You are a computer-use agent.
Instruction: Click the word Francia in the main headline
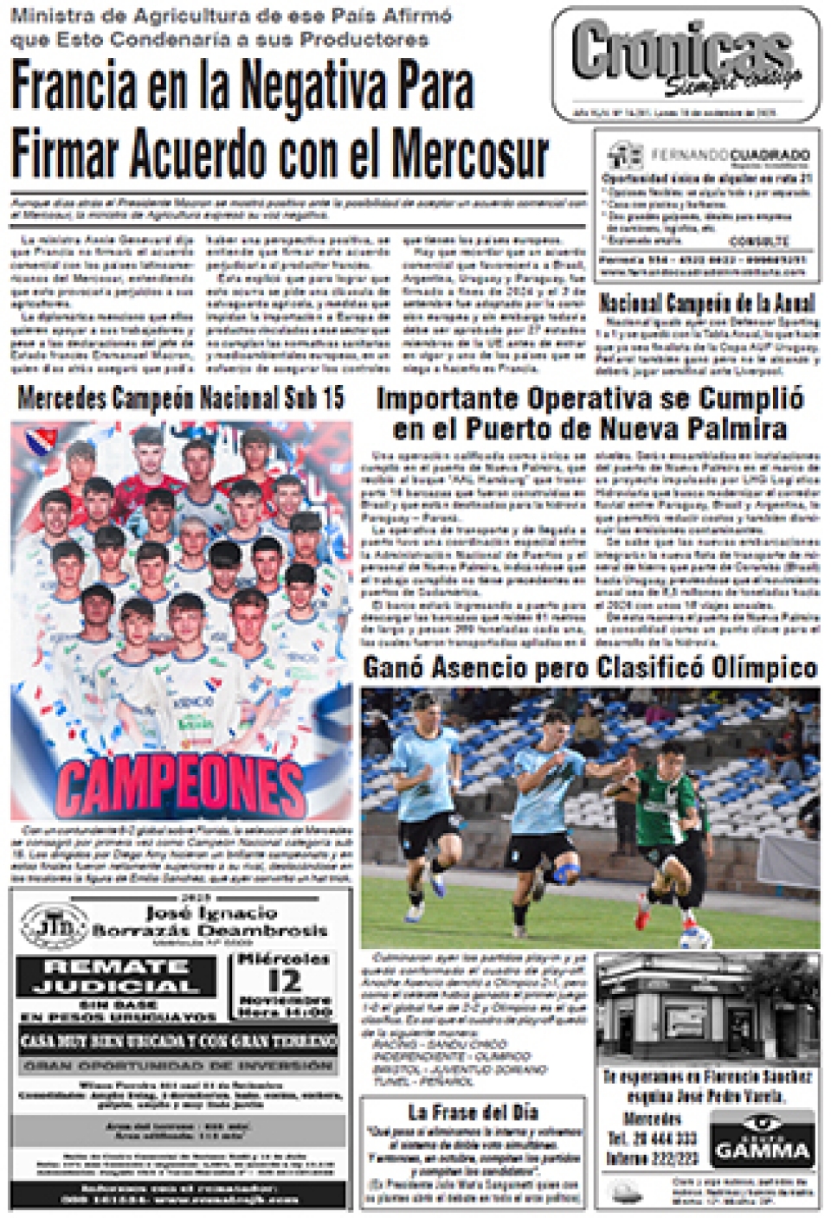pos(74,87)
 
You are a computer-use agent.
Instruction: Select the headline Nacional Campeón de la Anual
pos(706,303)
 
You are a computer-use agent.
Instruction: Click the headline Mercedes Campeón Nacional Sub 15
pos(180,399)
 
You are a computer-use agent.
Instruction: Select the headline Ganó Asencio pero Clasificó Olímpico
pos(589,668)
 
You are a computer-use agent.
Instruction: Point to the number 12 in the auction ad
pos(283,981)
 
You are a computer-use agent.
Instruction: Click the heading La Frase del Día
pos(473,1112)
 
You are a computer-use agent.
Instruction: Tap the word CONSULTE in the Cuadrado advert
pos(758,241)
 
